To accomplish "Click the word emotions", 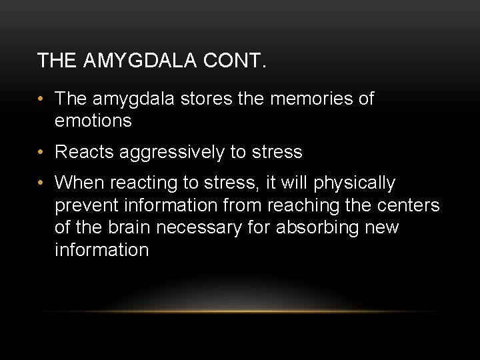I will (x=93, y=121).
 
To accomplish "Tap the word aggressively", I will (x=171, y=153).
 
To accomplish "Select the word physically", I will (x=355, y=183).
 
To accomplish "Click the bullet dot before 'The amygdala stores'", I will (x=41, y=99).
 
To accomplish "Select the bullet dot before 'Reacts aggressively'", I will (x=41, y=152).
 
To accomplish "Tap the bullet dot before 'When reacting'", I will (x=41, y=183).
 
